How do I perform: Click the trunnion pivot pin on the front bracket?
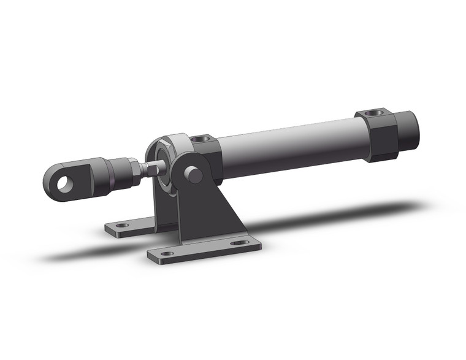click(194, 174)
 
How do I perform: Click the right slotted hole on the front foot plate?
click(240, 242)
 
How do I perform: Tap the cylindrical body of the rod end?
click(110, 173)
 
